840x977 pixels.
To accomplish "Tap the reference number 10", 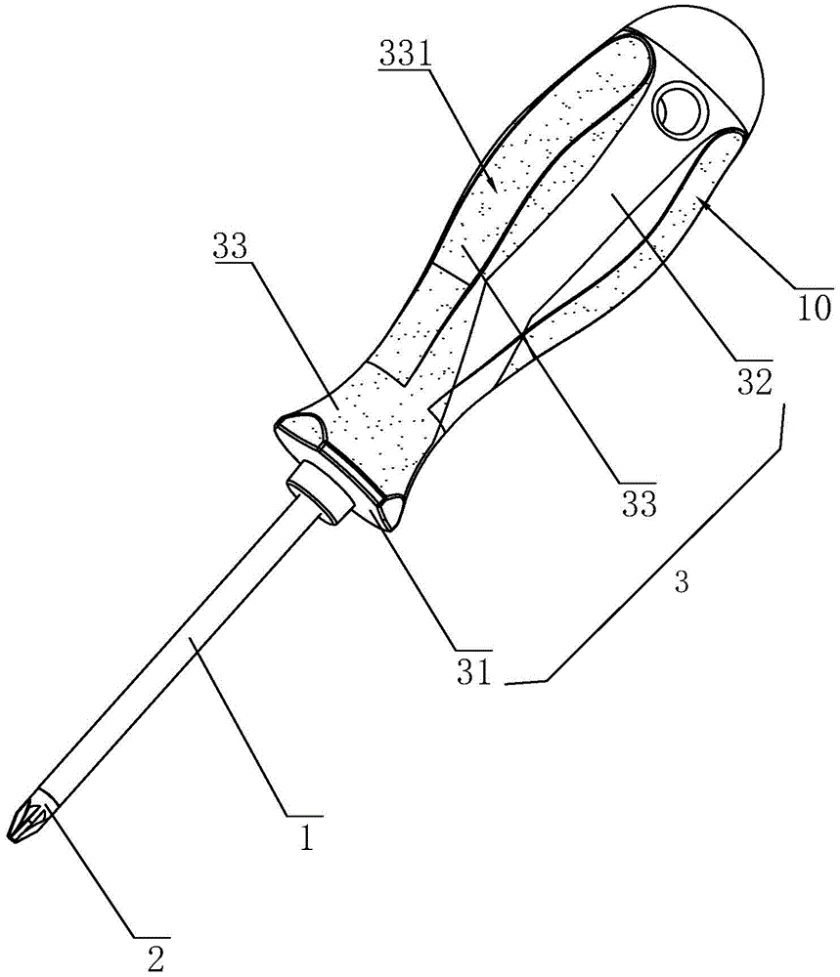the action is tap(815, 308).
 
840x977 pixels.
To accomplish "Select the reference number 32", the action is tap(755, 383).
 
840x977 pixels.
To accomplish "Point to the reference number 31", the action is tap(474, 673).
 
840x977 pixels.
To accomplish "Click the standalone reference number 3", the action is tap(682, 582).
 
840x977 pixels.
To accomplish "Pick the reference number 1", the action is tap(305, 837).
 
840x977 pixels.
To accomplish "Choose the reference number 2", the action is tap(155, 958).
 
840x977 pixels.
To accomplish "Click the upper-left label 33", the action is tap(230, 246).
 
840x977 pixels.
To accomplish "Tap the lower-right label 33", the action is tap(640, 503).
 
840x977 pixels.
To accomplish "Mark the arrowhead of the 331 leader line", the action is tap(493, 185).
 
